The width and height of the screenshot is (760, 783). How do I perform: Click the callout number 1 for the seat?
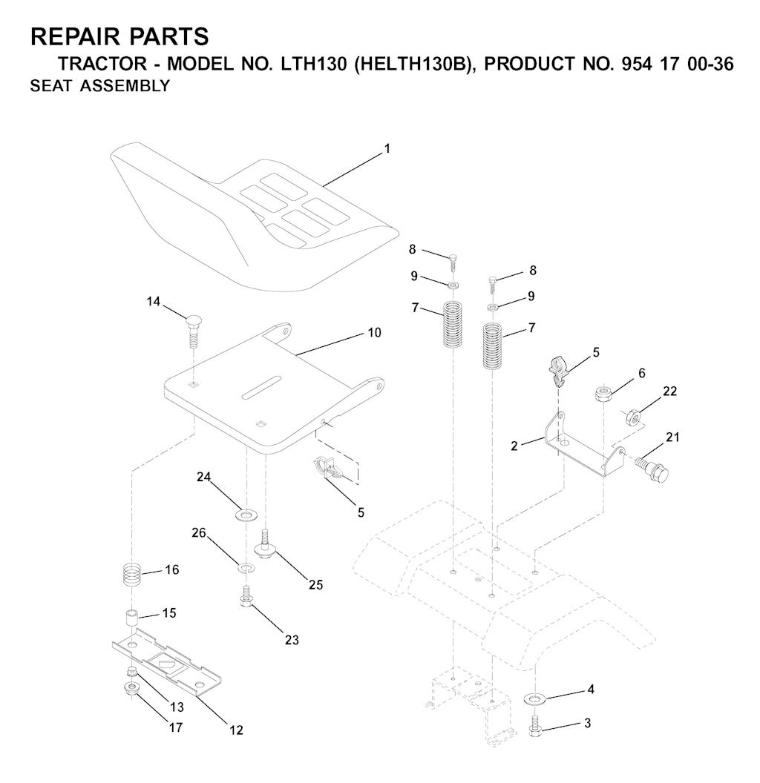[387, 149]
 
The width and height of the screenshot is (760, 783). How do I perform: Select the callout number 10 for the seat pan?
[375, 333]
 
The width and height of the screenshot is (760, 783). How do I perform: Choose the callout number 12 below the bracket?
[236, 730]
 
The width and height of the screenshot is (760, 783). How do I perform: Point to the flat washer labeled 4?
[534, 698]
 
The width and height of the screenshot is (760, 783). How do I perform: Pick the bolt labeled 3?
[534, 723]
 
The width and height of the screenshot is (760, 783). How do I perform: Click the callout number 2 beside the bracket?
[514, 446]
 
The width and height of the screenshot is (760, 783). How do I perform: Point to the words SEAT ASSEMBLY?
[100, 86]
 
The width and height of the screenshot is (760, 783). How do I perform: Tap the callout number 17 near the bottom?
[175, 727]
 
